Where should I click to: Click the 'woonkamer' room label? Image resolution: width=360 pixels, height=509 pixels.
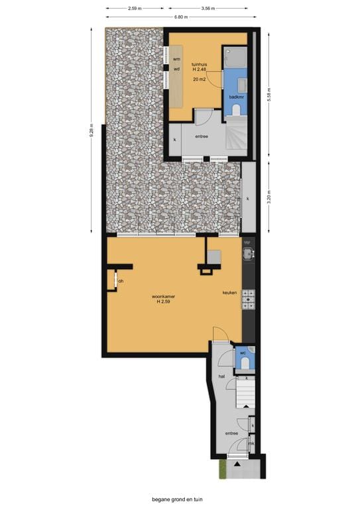pos(162,296)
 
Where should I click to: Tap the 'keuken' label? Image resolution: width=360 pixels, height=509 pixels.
pos(229,292)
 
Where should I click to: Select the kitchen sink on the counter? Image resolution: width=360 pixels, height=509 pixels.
pos(249,252)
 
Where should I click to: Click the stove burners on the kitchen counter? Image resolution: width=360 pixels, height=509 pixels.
pos(249,300)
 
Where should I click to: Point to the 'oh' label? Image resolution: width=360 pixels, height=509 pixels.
pos(121,281)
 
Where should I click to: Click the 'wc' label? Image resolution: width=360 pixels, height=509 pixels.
pos(243,353)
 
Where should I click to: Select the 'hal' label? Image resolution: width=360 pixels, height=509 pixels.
pos(222,376)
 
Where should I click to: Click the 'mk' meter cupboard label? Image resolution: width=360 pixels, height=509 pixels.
pos(252,443)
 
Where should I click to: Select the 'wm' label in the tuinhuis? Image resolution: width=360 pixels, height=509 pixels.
pos(176,59)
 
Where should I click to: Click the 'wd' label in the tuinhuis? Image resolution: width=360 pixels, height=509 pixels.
pos(176,68)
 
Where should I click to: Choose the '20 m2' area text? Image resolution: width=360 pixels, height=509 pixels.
pos(199,79)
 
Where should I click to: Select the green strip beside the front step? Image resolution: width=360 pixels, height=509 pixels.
pos(222,469)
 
